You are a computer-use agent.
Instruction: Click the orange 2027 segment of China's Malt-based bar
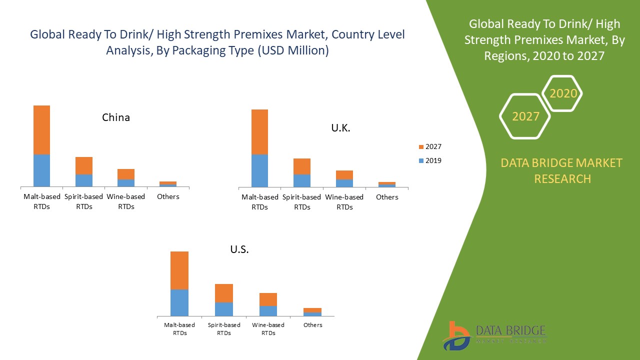[41, 130]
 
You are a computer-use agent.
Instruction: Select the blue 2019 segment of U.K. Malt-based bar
[259, 170]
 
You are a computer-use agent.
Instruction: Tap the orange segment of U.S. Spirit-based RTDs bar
[224, 293]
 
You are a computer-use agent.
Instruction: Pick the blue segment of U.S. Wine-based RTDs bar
[268, 310]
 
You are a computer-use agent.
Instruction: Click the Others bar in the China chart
[168, 183]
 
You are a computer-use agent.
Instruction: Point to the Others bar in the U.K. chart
[387, 184]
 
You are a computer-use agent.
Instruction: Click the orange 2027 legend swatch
[421, 147]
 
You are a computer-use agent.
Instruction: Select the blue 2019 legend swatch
[421, 161]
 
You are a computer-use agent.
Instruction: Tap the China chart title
[116, 117]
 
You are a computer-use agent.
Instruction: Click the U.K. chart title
[340, 128]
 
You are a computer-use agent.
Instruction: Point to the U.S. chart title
[239, 249]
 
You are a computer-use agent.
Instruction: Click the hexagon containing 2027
[525, 116]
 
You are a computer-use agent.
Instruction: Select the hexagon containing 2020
[563, 93]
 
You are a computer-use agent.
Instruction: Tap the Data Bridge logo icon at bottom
[456, 335]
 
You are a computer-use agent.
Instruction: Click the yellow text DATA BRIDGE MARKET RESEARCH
[562, 170]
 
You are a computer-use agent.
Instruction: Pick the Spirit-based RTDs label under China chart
[84, 201]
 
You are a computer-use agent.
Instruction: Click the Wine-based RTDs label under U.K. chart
[344, 202]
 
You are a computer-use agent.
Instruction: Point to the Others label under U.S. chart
[313, 325]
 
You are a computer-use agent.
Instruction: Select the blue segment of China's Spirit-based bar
[84, 180]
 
